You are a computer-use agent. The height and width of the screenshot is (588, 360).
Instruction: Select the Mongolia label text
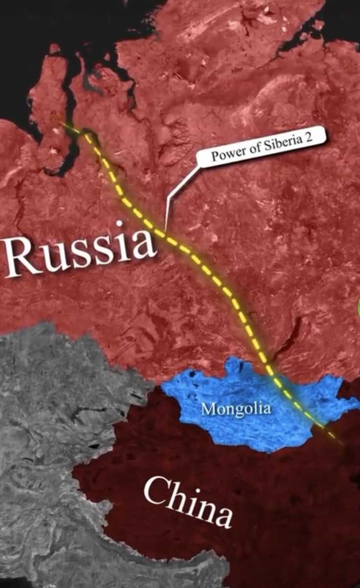click(x=236, y=408)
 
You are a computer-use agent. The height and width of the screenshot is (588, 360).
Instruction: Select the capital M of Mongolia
click(x=207, y=409)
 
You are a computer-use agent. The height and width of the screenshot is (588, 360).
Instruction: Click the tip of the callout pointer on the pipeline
click(x=166, y=231)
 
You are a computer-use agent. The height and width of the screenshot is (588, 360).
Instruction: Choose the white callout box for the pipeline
click(x=262, y=148)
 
